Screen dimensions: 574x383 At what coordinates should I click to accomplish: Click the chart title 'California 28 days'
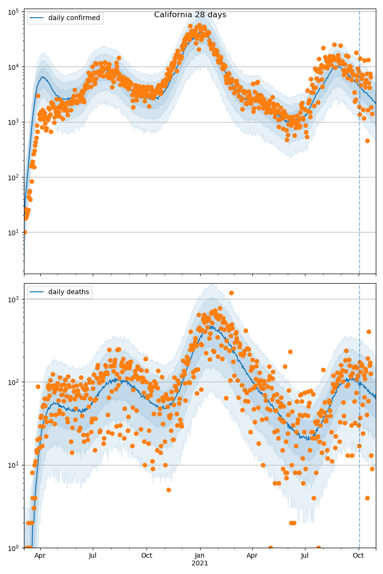coord(190,15)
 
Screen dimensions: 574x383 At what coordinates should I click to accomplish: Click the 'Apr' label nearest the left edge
coord(40,556)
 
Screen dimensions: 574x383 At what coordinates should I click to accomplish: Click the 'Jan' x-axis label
coord(200,556)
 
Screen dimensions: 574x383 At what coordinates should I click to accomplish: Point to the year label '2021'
coord(200,563)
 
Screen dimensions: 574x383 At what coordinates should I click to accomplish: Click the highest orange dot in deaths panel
coord(231,293)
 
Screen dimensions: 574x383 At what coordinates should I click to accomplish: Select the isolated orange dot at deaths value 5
coord(169,490)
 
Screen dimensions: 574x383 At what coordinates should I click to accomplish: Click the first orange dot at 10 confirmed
coord(24,232)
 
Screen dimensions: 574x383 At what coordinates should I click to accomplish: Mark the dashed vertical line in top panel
coord(360,143)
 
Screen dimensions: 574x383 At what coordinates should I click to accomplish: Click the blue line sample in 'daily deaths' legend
coord(36,292)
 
